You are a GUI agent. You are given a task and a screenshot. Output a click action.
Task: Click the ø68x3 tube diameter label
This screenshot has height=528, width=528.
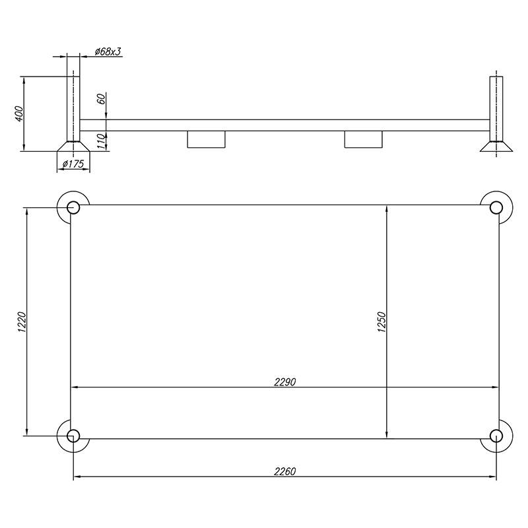point(108,51)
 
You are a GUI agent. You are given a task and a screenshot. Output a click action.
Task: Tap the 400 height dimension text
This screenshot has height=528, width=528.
point(19,114)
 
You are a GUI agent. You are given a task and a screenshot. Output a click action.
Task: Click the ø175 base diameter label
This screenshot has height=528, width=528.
point(73,164)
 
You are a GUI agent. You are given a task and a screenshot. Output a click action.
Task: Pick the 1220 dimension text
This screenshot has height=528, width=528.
point(22,322)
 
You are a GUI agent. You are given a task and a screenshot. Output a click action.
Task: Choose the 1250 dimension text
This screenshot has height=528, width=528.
point(381,322)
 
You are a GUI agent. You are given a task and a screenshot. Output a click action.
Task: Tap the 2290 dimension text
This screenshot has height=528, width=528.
point(284,382)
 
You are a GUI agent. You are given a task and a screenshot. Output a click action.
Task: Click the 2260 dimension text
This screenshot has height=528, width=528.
point(284,471)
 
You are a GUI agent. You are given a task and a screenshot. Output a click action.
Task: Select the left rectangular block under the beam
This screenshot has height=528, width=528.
point(206,139)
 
